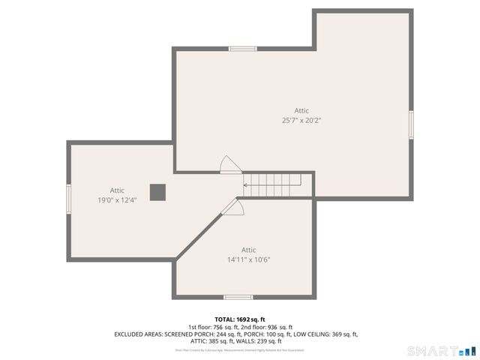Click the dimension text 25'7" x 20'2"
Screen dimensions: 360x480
301,120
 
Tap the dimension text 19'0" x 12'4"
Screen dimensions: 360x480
117,200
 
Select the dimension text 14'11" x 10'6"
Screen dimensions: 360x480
248,260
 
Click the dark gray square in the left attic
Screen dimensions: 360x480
157,192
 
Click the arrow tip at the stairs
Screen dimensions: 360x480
245,184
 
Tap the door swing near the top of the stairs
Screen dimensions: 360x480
227,164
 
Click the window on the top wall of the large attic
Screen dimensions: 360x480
243,49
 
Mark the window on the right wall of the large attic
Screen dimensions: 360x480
410,124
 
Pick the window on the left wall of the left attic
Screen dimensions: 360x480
69,199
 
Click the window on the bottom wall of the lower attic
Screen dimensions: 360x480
238,297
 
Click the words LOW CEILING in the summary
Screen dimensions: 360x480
316,334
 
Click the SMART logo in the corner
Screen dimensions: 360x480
441,351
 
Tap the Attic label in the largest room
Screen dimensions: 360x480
301,110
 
